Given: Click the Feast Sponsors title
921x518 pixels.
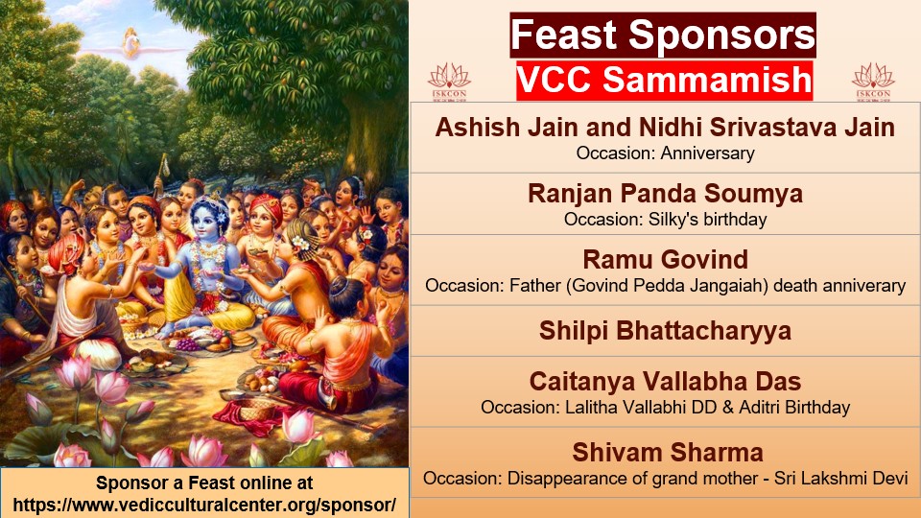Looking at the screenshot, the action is coord(663,35).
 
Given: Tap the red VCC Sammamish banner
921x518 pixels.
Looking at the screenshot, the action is coord(664,80).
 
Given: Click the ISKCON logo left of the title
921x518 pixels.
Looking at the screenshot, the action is coord(449,82).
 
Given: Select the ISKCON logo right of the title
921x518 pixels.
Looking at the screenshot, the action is coord(873,82).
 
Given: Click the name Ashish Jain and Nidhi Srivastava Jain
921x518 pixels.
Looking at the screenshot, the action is coord(665,128).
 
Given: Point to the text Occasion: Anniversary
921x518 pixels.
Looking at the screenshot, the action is coord(665,153).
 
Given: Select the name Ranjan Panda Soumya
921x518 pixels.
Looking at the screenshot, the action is coord(665,194).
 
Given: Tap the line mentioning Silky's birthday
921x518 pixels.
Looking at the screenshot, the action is coord(665,220).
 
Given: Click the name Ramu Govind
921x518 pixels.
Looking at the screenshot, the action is coord(665,260).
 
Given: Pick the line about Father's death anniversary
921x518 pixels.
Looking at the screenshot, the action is coord(665,286).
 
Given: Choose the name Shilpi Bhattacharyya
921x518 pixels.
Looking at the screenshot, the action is coord(665,331).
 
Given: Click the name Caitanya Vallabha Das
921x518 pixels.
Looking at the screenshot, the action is coord(665,382).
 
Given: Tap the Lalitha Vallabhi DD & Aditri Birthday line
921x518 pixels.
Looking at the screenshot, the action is coord(665,408).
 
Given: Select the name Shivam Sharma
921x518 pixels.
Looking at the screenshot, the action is coord(668,453).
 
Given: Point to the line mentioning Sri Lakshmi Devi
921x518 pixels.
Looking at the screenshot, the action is coord(665,478).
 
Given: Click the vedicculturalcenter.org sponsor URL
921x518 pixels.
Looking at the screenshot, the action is coord(204,506).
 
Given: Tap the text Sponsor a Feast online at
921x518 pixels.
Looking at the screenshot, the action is coord(204,483).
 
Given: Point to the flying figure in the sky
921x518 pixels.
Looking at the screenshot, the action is coord(131,44).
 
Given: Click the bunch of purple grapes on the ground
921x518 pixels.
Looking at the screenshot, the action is coord(188,343).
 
